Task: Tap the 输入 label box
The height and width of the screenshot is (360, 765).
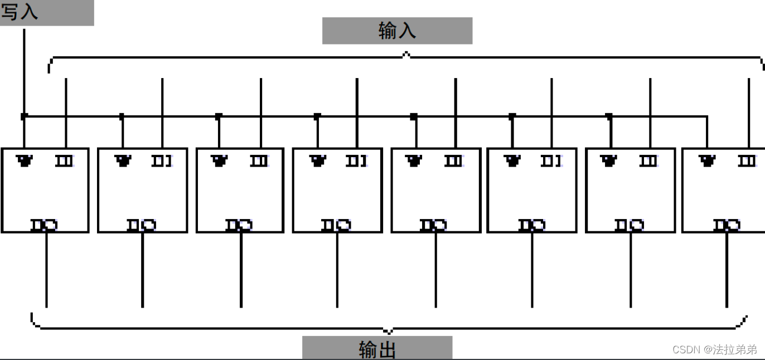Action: tap(397, 31)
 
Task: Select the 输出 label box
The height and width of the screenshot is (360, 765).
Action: tap(377, 348)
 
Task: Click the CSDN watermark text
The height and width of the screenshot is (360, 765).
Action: tap(714, 349)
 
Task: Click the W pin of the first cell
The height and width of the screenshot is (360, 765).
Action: tap(25, 161)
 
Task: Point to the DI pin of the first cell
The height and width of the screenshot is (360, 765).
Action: tap(64, 161)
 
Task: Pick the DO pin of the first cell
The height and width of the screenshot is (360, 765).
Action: tap(45, 225)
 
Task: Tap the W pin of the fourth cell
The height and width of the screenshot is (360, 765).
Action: tap(318, 161)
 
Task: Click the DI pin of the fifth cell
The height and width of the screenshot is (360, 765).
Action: tap(454, 161)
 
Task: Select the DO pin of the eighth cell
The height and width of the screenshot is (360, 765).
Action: tap(727, 225)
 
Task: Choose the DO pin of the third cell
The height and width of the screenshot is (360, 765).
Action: tap(239, 225)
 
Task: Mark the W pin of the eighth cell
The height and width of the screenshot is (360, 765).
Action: tap(707, 161)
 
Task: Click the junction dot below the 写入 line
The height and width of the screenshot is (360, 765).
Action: tap(24, 116)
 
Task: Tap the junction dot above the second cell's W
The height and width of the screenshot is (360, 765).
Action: tap(122, 116)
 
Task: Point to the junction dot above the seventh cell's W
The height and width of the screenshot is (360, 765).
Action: tap(609, 116)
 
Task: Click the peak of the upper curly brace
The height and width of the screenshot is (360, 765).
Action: tap(406, 54)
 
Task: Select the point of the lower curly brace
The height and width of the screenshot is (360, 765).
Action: tap(389, 331)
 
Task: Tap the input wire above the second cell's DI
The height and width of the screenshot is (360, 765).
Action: tap(162, 98)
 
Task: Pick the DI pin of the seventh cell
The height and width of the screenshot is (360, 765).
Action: tap(648, 161)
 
